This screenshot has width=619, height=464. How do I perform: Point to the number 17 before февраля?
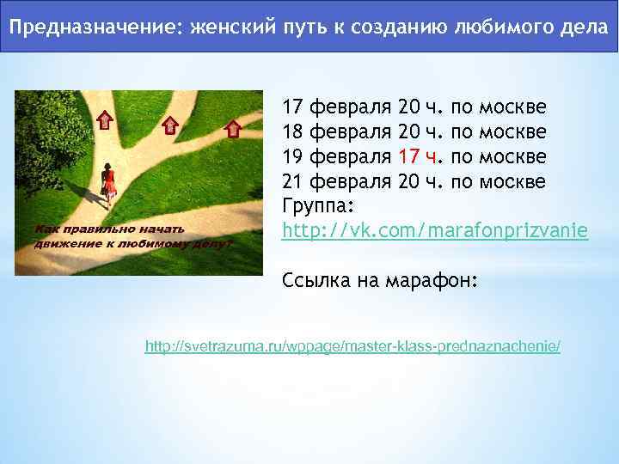click(293, 107)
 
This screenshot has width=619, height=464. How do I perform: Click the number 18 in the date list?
click(293, 132)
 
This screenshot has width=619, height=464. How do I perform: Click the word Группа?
click(318, 207)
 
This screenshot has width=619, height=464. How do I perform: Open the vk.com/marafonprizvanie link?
click(435, 231)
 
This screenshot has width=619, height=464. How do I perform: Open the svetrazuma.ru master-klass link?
click(352, 346)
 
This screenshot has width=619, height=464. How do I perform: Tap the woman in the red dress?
click(108, 182)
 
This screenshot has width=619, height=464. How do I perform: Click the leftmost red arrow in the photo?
click(104, 119)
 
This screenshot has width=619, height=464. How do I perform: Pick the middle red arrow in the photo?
click(170, 125)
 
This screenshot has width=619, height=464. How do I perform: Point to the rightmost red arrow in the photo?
click(230, 129)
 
